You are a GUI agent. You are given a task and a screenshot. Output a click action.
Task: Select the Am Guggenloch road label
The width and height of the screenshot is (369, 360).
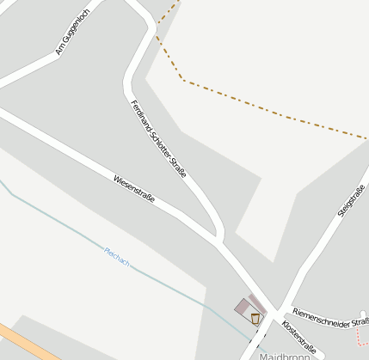(x=73, y=32)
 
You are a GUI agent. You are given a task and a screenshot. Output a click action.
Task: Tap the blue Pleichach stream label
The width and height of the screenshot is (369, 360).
(x=116, y=256)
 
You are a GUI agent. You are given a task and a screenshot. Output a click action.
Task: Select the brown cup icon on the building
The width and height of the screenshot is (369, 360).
(x=255, y=318)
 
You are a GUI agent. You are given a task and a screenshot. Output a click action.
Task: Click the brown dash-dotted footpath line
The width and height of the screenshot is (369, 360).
(x=275, y=110)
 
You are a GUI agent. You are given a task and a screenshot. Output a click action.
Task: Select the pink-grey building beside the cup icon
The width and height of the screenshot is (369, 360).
(x=244, y=307)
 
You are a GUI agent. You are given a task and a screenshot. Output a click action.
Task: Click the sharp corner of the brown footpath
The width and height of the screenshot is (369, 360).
(x=183, y=81)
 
